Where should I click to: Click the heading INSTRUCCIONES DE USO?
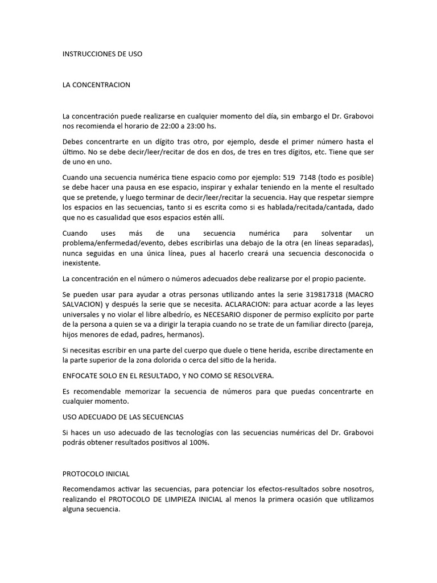(102, 54)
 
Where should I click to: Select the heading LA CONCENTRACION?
(96, 85)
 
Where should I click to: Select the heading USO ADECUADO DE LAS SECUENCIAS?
(122, 417)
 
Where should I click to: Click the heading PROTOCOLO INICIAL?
(96, 474)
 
